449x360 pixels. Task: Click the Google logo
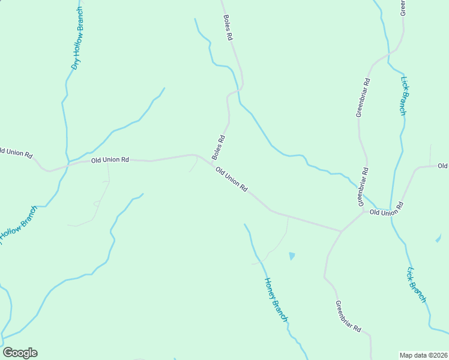point(20,353)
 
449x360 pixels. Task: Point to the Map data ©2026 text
point(424,355)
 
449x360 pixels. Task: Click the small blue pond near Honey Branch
point(292,256)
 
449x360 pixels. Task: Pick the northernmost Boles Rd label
point(228,28)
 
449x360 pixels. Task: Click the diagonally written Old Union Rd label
point(232,179)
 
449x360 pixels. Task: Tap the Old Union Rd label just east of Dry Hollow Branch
point(110,160)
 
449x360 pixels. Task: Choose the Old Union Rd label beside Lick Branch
point(386,212)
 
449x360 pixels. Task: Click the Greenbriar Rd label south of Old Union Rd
point(348,316)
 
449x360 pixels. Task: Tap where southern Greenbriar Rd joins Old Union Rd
point(341,231)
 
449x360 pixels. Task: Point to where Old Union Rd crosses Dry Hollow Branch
point(68,163)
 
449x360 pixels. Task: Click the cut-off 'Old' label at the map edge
point(443,166)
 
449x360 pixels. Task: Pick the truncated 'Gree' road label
point(403,7)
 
